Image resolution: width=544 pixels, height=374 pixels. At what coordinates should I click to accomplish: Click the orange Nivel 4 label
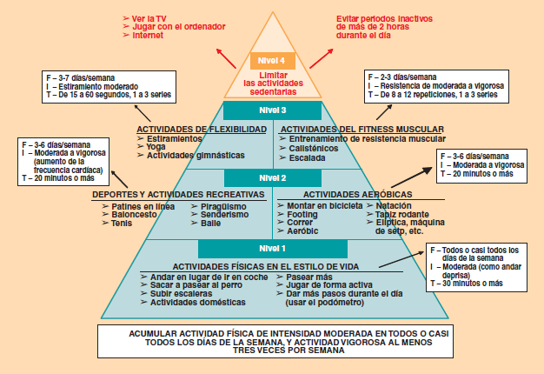[271, 60]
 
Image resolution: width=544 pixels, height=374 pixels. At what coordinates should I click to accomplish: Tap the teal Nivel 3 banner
[271, 110]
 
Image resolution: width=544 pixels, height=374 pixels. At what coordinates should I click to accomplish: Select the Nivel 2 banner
[271, 178]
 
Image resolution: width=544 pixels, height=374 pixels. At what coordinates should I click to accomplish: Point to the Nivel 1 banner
[271, 248]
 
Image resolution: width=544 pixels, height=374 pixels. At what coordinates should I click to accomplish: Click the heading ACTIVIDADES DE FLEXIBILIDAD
[201, 130]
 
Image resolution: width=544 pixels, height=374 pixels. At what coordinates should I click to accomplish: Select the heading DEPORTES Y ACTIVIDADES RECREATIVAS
[180, 194]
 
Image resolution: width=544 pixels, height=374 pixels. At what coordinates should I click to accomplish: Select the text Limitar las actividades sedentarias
[271, 83]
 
